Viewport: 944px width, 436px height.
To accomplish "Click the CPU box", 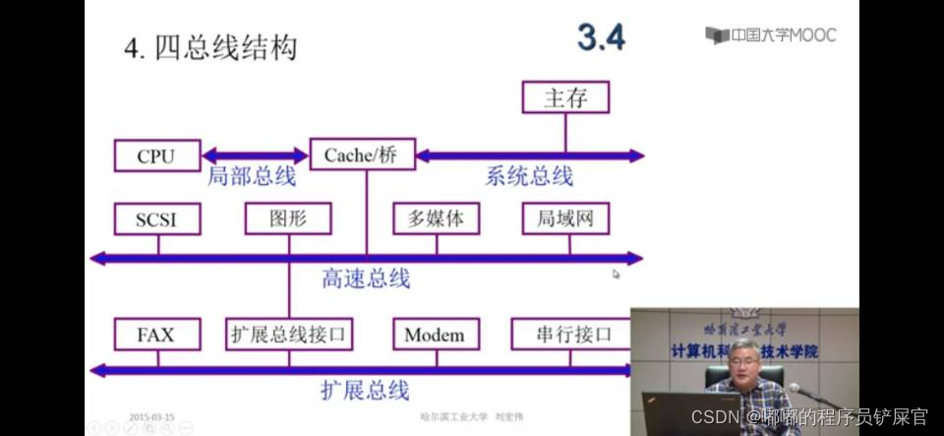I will (155, 156).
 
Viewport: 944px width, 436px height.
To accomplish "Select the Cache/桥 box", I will (362, 155).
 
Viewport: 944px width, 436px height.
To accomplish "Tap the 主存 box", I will (564, 97).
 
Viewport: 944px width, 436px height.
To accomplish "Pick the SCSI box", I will (155, 219).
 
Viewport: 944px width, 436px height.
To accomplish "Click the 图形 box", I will (288, 218).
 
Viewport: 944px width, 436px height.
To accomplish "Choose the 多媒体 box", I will (435, 218).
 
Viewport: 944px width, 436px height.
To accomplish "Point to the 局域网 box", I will (565, 218).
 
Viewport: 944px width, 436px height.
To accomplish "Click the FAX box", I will (155, 335).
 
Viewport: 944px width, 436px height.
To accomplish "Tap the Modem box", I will (435, 335).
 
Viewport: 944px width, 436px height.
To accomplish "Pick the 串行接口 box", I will (574, 335).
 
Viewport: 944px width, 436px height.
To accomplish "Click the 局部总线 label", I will (252, 177).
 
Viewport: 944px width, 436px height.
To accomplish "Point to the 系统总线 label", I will (529, 177).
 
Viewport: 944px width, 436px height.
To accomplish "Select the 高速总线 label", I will (366, 279).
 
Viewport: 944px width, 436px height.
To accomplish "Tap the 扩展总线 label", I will (365, 391).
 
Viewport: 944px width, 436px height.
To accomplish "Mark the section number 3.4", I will (601, 37).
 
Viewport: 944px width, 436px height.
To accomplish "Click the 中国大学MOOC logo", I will (771, 35).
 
